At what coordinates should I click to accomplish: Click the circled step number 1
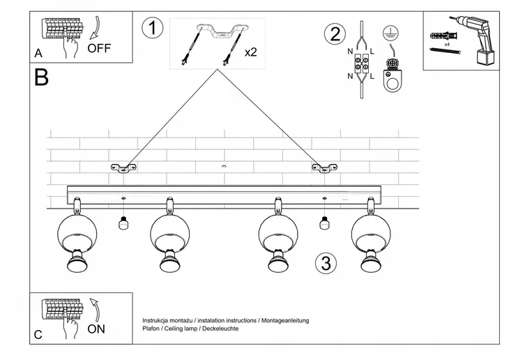coord(152,28)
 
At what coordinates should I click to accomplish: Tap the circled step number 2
coord(335,34)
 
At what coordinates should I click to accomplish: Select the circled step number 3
coord(326,263)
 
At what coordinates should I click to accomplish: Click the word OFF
coord(99,48)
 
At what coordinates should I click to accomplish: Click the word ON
coord(96,329)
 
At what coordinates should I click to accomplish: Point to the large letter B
coord(41,77)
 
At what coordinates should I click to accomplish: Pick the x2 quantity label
coord(250,52)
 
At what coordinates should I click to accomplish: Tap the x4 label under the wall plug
coord(447,44)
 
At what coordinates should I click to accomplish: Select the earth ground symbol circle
coord(390,33)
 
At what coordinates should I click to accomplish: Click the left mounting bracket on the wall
coord(123,168)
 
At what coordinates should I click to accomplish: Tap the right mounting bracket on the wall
coord(324,168)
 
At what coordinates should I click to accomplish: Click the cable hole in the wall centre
coord(224,166)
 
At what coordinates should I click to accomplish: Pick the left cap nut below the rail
coord(123,223)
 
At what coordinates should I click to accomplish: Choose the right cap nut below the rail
coord(324,223)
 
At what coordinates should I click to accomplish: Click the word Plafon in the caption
coord(151,329)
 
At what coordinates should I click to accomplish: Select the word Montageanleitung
coord(285,321)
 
